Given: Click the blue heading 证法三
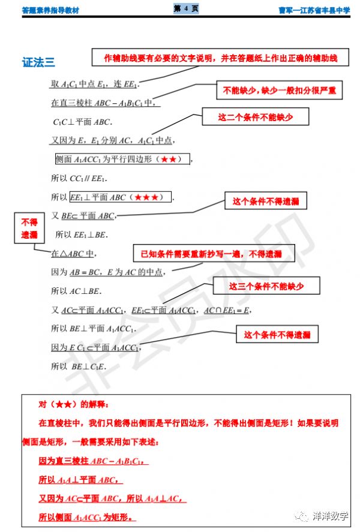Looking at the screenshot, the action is click(x=39, y=62).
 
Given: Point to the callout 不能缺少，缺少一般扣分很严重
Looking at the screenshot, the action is click(x=279, y=91).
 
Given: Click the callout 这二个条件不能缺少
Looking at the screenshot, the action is click(x=256, y=118).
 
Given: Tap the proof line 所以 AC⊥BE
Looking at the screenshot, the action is click(x=76, y=291).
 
